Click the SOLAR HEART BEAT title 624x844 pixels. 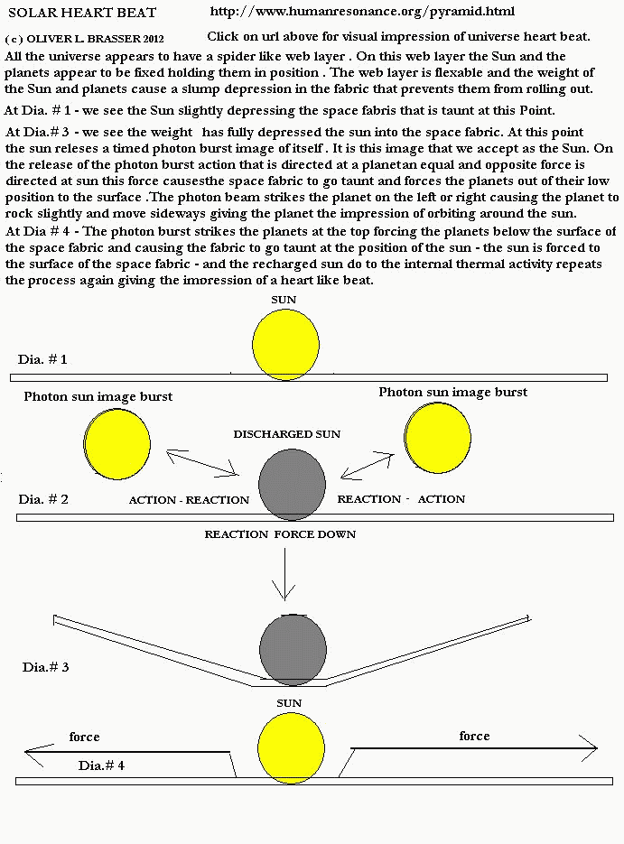pyautogui.click(x=81, y=13)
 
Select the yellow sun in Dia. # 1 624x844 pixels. pyautogui.click(x=285, y=346)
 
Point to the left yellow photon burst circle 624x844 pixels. pyautogui.click(x=119, y=443)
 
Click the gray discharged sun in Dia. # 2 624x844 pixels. pyautogui.click(x=292, y=485)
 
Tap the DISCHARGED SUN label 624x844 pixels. pyautogui.click(x=286, y=434)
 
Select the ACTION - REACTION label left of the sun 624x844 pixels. pyautogui.click(x=189, y=500)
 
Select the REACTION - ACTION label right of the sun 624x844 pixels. pyautogui.click(x=401, y=499)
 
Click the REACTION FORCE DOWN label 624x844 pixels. pyautogui.click(x=280, y=534)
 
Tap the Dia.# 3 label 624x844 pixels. pyautogui.click(x=45, y=667)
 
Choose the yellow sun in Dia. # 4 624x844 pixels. pyautogui.click(x=291, y=747)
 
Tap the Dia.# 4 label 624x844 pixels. pyautogui.click(x=101, y=765)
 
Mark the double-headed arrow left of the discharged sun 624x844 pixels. pyautogui.click(x=201, y=463)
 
